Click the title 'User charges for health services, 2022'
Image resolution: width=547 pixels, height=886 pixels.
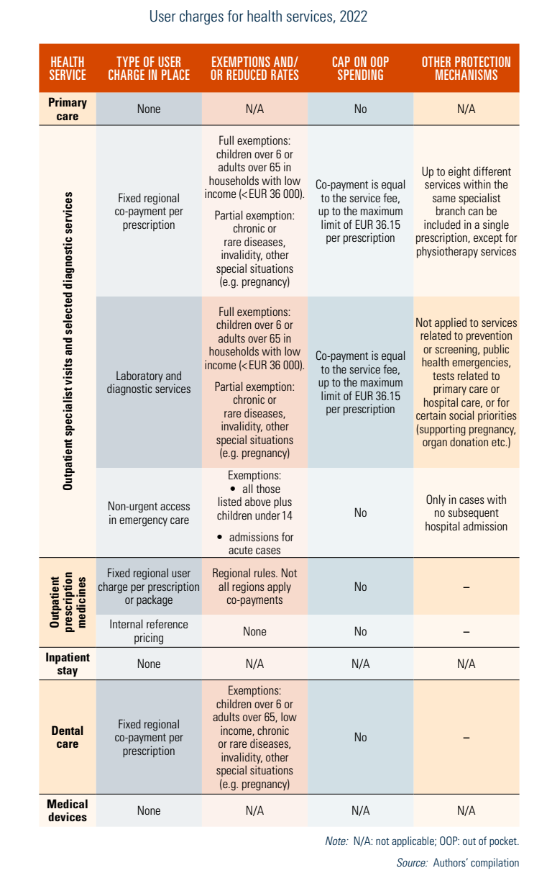[x=258, y=17]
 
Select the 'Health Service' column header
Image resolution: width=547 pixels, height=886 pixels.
[x=68, y=68]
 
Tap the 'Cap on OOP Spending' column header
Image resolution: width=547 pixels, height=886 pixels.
[x=360, y=68]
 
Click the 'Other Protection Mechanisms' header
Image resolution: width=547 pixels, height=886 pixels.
[x=466, y=68]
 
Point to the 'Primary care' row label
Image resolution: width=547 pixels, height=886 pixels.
[x=68, y=109]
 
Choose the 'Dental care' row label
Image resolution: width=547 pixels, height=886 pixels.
[x=68, y=737]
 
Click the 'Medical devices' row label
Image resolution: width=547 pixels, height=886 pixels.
[x=68, y=810]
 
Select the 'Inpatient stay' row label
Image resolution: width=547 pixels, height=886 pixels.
[x=68, y=664]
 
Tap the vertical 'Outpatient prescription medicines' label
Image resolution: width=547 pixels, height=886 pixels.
[x=68, y=602]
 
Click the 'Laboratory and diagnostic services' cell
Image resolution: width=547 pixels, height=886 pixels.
[x=149, y=382]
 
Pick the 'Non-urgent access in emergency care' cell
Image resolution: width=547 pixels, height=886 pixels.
[x=149, y=513]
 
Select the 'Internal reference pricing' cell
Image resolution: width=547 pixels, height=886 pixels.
[x=149, y=631]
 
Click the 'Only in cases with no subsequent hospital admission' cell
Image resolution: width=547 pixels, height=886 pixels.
[x=466, y=513]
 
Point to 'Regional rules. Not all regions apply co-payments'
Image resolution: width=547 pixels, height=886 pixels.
[x=254, y=587]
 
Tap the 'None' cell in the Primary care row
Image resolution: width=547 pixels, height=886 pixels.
[x=149, y=109]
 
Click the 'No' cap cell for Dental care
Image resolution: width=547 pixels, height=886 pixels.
[x=360, y=737]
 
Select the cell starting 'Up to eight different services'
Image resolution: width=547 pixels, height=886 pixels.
[x=466, y=211]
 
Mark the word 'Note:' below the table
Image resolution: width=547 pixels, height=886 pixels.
[x=336, y=841]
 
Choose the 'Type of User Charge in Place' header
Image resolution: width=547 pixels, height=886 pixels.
[x=149, y=68]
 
